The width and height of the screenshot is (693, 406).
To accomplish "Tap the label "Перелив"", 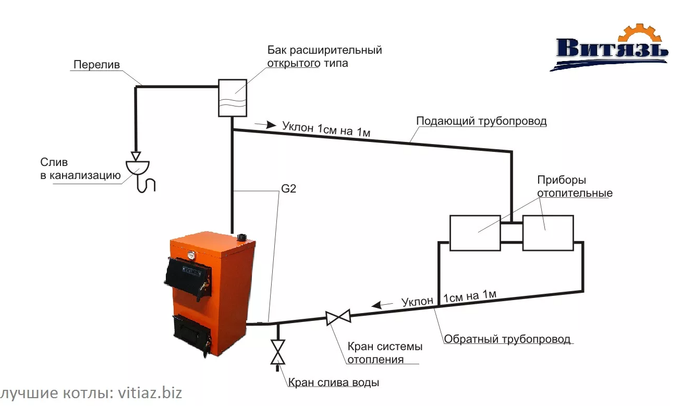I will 96,65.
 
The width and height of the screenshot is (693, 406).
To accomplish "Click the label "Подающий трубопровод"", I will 481,122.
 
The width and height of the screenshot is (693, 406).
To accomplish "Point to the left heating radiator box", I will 475,233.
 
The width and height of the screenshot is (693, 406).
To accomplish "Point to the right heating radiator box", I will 548,233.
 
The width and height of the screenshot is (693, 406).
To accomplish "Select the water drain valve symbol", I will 278,352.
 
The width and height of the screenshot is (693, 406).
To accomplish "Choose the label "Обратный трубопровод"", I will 507,339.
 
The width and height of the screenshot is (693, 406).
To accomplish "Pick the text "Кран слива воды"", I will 334,383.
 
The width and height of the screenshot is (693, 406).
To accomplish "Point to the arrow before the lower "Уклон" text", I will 386,305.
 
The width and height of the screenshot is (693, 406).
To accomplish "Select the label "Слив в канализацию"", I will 80,169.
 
